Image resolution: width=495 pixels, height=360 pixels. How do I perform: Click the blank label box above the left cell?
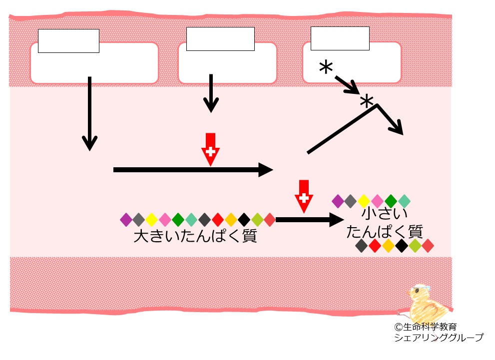click(x=68, y=41)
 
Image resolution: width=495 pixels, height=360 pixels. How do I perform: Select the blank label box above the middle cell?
click(x=220, y=39)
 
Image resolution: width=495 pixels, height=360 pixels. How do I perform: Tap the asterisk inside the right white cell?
click(x=326, y=67)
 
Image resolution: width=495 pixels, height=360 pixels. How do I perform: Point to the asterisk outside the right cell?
click(x=367, y=101)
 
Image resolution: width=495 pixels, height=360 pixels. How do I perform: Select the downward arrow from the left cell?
click(x=89, y=113)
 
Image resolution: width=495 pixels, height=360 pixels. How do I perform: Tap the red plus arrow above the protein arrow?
click(x=303, y=196)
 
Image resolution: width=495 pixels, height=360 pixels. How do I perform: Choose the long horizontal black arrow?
click(x=193, y=170)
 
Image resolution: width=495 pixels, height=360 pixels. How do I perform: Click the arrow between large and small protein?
click(x=310, y=219)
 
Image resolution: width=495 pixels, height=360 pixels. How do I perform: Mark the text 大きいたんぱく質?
click(x=195, y=236)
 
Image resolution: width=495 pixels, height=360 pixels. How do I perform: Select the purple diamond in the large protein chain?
click(x=126, y=219)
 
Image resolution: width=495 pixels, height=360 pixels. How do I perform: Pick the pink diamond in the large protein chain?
click(x=165, y=219)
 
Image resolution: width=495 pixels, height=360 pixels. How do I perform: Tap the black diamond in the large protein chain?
click(x=244, y=219)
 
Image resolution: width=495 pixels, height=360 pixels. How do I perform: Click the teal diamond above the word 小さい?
click(x=404, y=201)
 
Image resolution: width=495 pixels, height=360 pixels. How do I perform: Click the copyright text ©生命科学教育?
click(x=426, y=327)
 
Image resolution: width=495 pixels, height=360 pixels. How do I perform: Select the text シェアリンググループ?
click(x=439, y=338)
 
